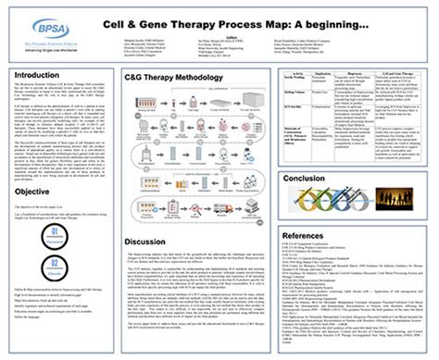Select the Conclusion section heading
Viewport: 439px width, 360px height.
pyautogui.click(x=307, y=178)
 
